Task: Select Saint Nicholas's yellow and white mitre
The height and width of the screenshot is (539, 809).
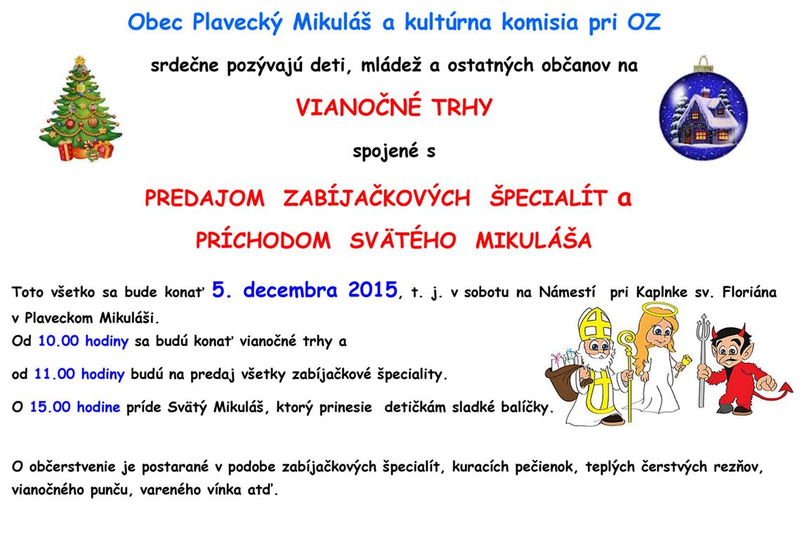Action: pos(594,324)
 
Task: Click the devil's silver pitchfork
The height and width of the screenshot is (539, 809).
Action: pos(702,360)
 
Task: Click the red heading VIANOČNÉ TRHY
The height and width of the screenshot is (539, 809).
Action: pos(394,107)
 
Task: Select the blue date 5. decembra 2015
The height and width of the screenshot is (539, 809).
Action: pos(304,290)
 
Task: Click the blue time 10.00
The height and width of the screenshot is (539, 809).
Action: pos(58,341)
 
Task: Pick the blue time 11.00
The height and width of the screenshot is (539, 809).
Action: pos(54,374)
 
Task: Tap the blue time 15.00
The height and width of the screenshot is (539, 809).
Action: pos(50,407)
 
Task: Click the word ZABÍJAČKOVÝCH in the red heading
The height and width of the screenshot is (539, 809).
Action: pos(376,198)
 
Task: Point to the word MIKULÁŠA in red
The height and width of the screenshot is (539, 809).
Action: pos(534,240)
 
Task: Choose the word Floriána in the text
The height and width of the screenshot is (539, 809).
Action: pos(749,293)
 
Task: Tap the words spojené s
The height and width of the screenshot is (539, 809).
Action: pos(394,151)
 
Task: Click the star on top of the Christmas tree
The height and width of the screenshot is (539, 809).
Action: pos(79,61)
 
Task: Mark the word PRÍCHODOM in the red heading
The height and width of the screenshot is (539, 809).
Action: pos(263,240)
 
